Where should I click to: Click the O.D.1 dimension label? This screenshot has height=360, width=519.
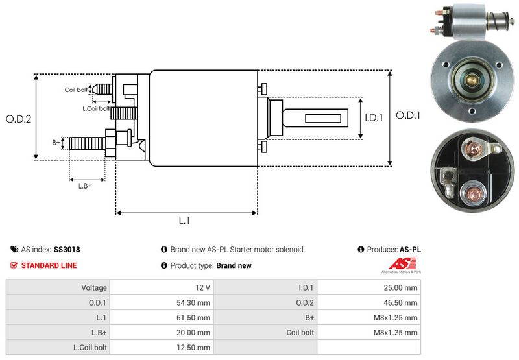[x=409, y=115]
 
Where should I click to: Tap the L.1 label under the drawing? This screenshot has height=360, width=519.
[x=184, y=221]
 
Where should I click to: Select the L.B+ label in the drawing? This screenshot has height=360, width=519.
[x=85, y=186]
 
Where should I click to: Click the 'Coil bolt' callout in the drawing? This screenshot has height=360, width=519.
[x=75, y=90]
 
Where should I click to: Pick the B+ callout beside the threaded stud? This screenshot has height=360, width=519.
[x=56, y=142]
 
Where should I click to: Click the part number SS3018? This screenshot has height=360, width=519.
[x=67, y=249]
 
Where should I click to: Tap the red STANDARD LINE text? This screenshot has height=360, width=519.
[x=49, y=265]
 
